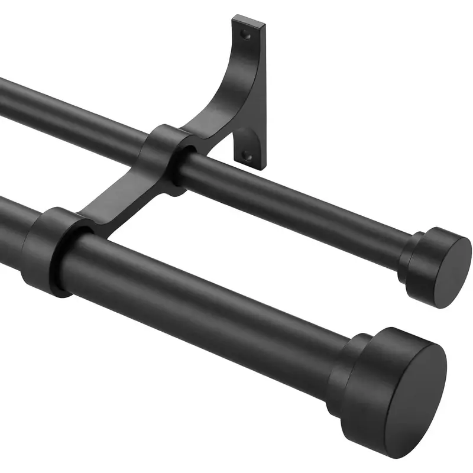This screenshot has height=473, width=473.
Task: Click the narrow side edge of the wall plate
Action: [263, 95]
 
